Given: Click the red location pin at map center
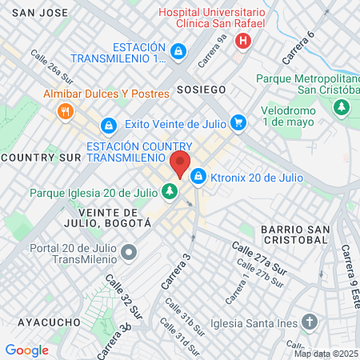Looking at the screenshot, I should point(180,164).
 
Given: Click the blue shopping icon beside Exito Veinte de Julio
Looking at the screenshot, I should point(238,123).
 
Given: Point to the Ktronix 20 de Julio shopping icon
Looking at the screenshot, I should point(198,175).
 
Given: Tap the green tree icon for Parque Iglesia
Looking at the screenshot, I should point(170,191).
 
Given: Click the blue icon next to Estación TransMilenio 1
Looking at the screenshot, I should point(178,54).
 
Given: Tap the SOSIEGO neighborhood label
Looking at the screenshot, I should point(202,88).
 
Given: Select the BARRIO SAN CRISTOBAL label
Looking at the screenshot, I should point(294,234).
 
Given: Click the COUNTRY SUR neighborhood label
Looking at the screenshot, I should point(42,158).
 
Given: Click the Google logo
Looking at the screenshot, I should point(26,350).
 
